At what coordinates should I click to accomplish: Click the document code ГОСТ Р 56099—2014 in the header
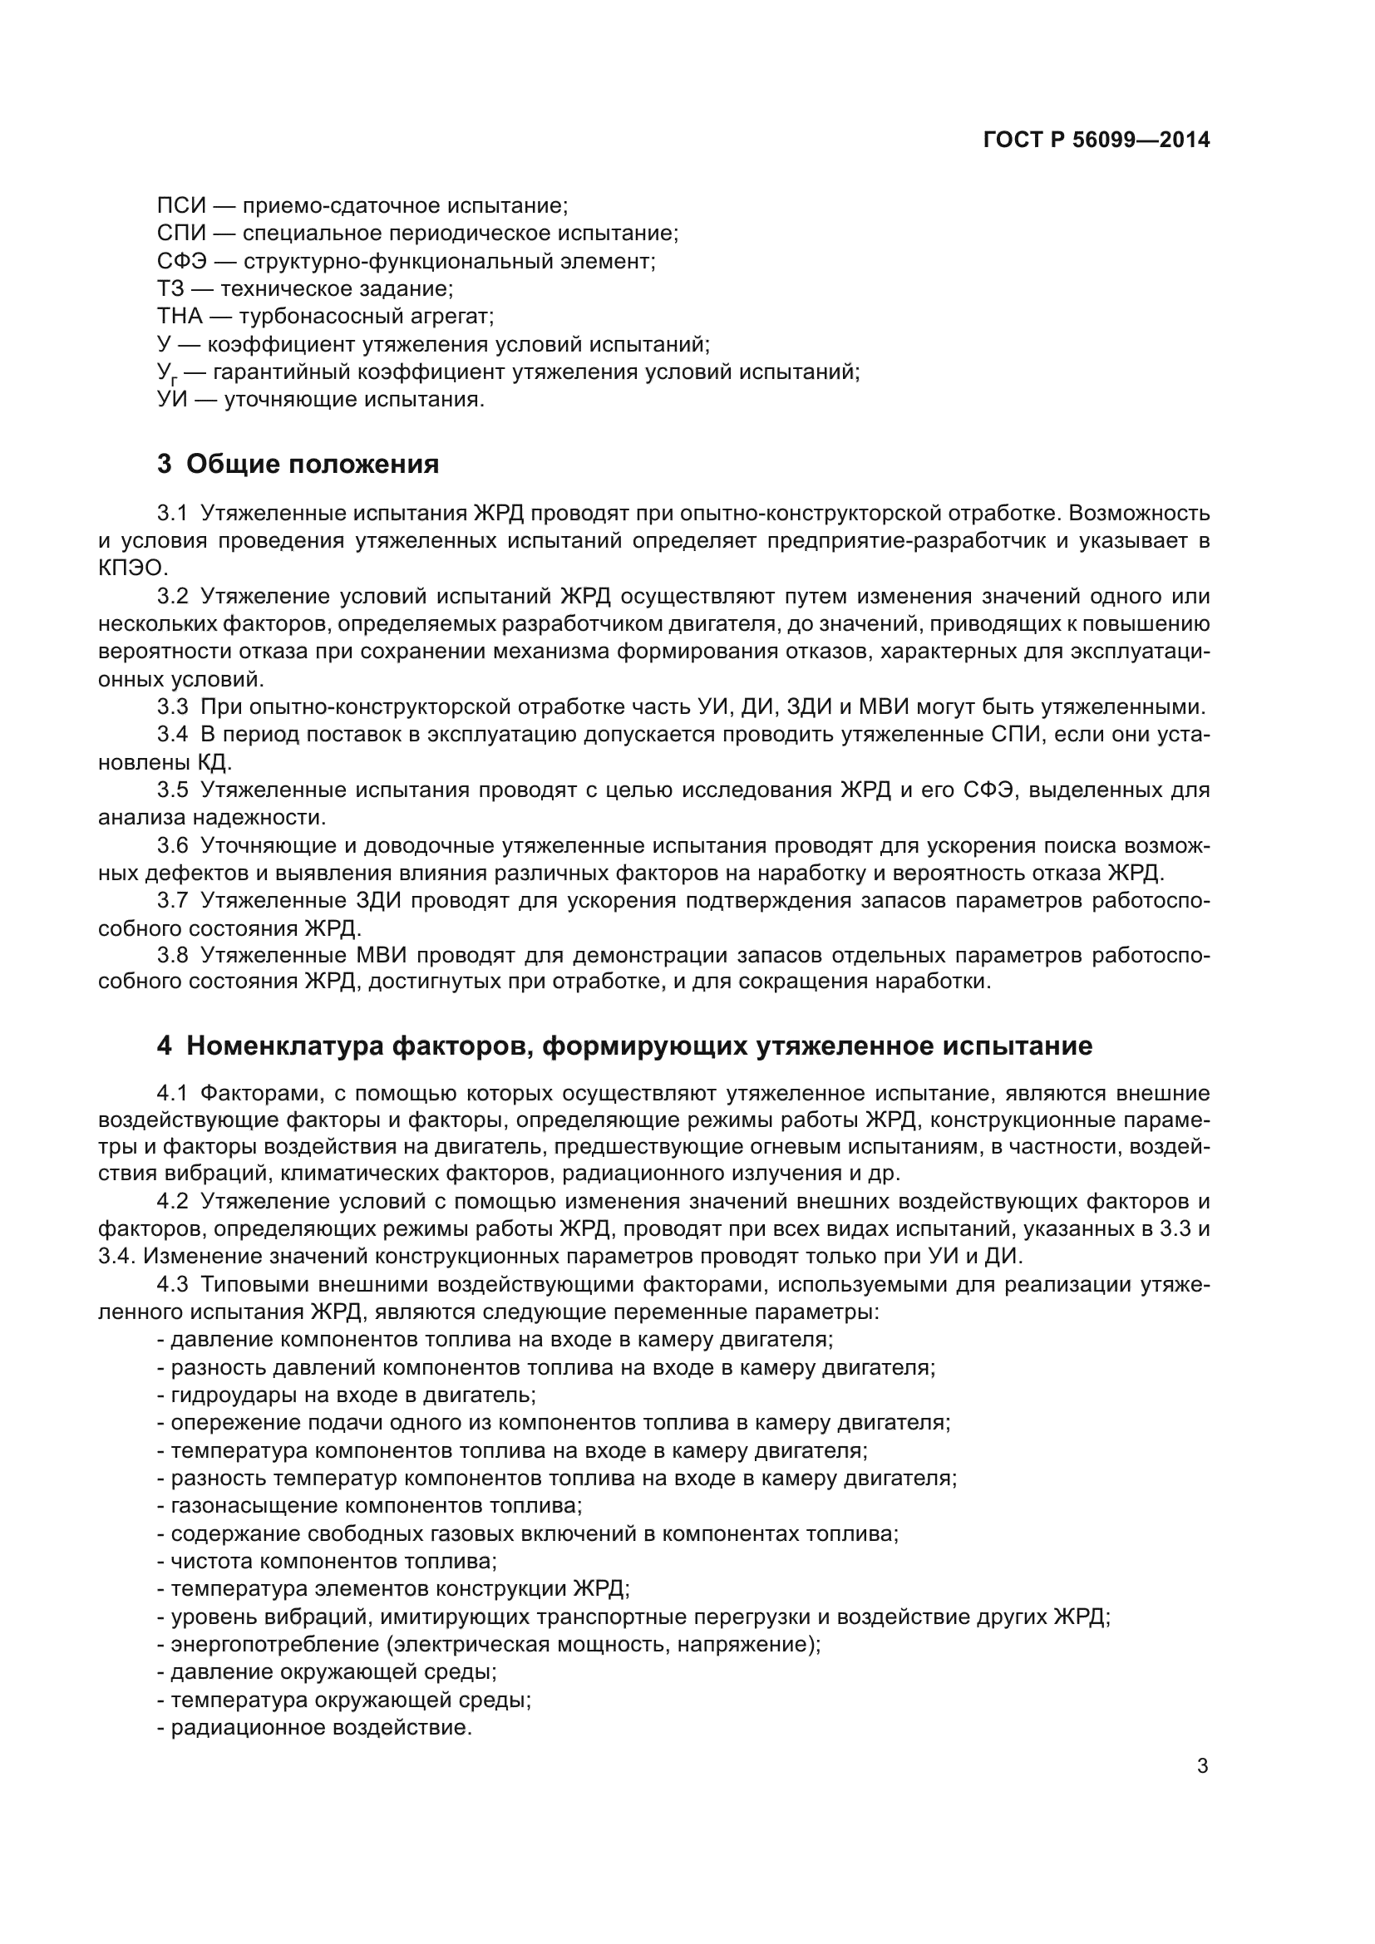tap(1097, 140)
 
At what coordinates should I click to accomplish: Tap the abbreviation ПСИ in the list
tap(181, 206)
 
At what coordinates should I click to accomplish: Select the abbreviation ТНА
tap(180, 317)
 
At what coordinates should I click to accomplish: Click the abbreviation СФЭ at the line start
tap(182, 261)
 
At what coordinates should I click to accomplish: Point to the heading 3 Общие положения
tap(298, 464)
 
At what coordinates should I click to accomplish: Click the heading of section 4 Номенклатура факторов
tap(624, 1046)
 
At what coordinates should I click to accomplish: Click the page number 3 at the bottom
tap(1202, 1766)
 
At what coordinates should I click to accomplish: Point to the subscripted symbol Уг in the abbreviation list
tap(167, 373)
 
